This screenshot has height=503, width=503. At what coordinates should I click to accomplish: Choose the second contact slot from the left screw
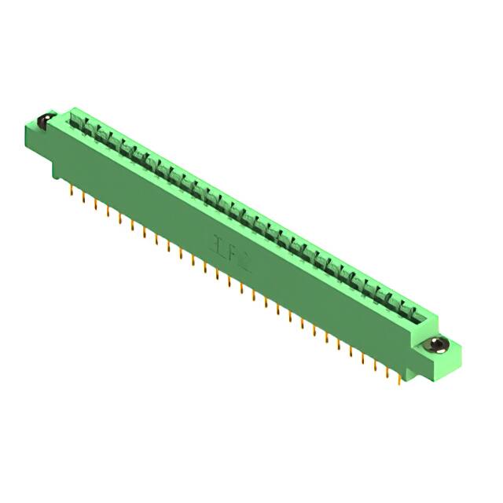coord(90,128)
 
